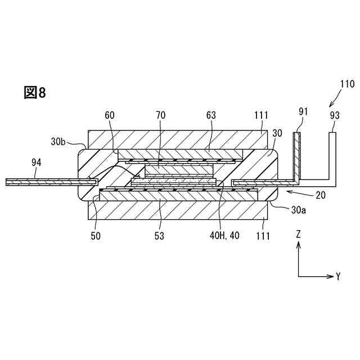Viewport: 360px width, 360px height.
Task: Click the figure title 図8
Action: coord(34,93)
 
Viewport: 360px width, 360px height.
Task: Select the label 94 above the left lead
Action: coord(36,163)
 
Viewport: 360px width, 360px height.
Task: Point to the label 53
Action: coord(160,236)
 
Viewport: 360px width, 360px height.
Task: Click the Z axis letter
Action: coord(299,233)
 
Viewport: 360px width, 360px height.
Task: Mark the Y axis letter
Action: coord(339,276)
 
